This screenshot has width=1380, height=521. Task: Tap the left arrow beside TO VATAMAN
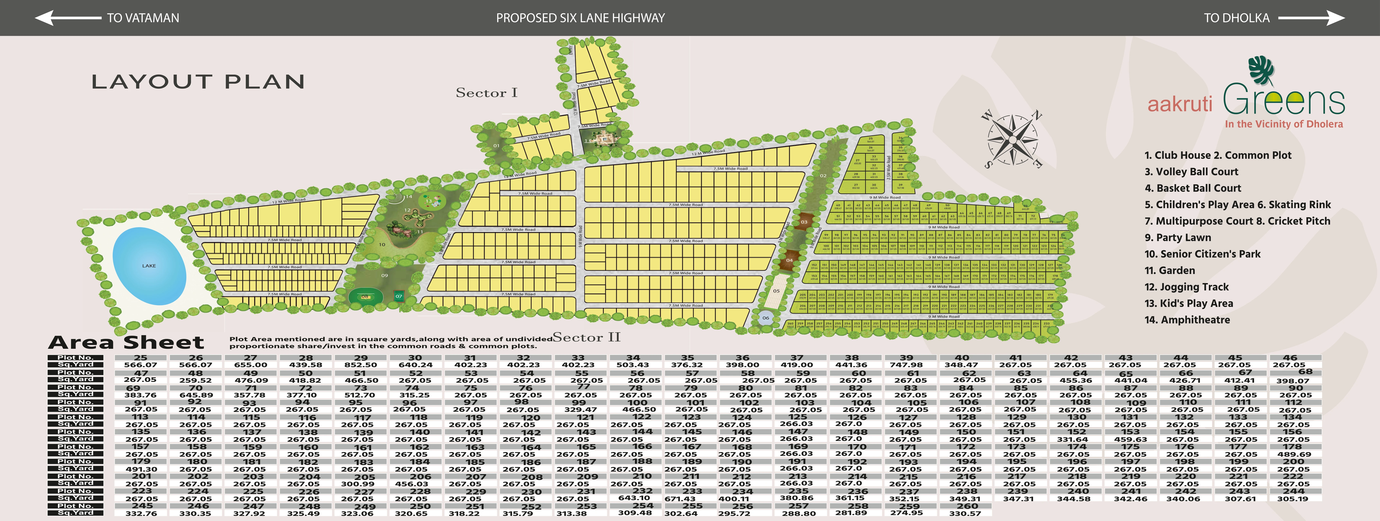[67, 18]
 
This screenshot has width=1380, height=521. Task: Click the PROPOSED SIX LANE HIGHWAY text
[580, 18]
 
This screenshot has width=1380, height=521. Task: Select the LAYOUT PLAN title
[198, 82]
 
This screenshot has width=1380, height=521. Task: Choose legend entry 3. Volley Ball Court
[1192, 172]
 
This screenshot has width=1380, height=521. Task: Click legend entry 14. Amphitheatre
[1187, 320]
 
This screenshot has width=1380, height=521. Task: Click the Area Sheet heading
[126, 342]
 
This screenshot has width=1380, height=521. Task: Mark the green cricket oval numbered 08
[365, 296]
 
